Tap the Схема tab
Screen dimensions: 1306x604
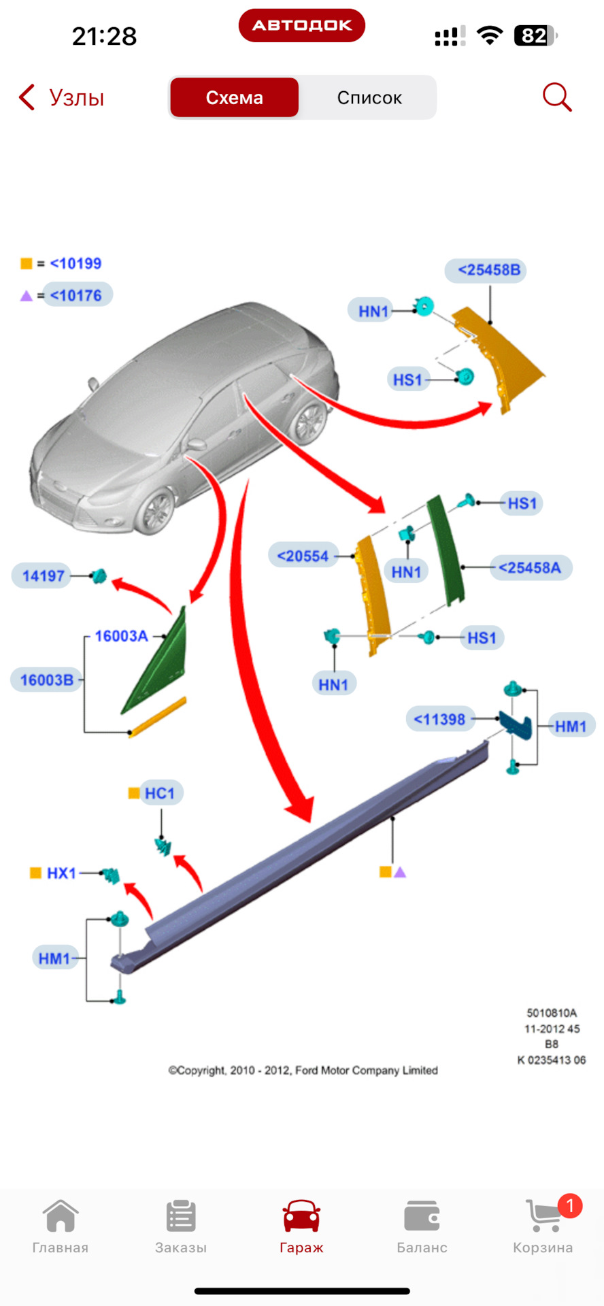(234, 98)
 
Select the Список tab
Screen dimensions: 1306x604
(369, 98)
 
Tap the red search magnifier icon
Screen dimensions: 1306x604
(556, 97)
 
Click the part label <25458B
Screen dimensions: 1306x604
(487, 270)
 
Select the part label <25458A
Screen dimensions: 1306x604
(530, 567)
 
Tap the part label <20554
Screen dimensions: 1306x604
(303, 556)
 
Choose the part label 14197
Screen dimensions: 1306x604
(43, 575)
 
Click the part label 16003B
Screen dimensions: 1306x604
(46, 680)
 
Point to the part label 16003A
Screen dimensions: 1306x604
(121, 636)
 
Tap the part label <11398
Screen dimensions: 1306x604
(439, 719)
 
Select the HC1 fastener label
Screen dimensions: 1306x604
(160, 793)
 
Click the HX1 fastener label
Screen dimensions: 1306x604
(61, 873)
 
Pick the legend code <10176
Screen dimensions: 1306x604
(76, 295)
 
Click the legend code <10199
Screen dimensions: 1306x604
(75, 263)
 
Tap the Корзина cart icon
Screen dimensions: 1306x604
(543, 1216)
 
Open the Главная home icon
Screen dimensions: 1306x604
(61, 1216)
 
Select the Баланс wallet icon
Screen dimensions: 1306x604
(422, 1216)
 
